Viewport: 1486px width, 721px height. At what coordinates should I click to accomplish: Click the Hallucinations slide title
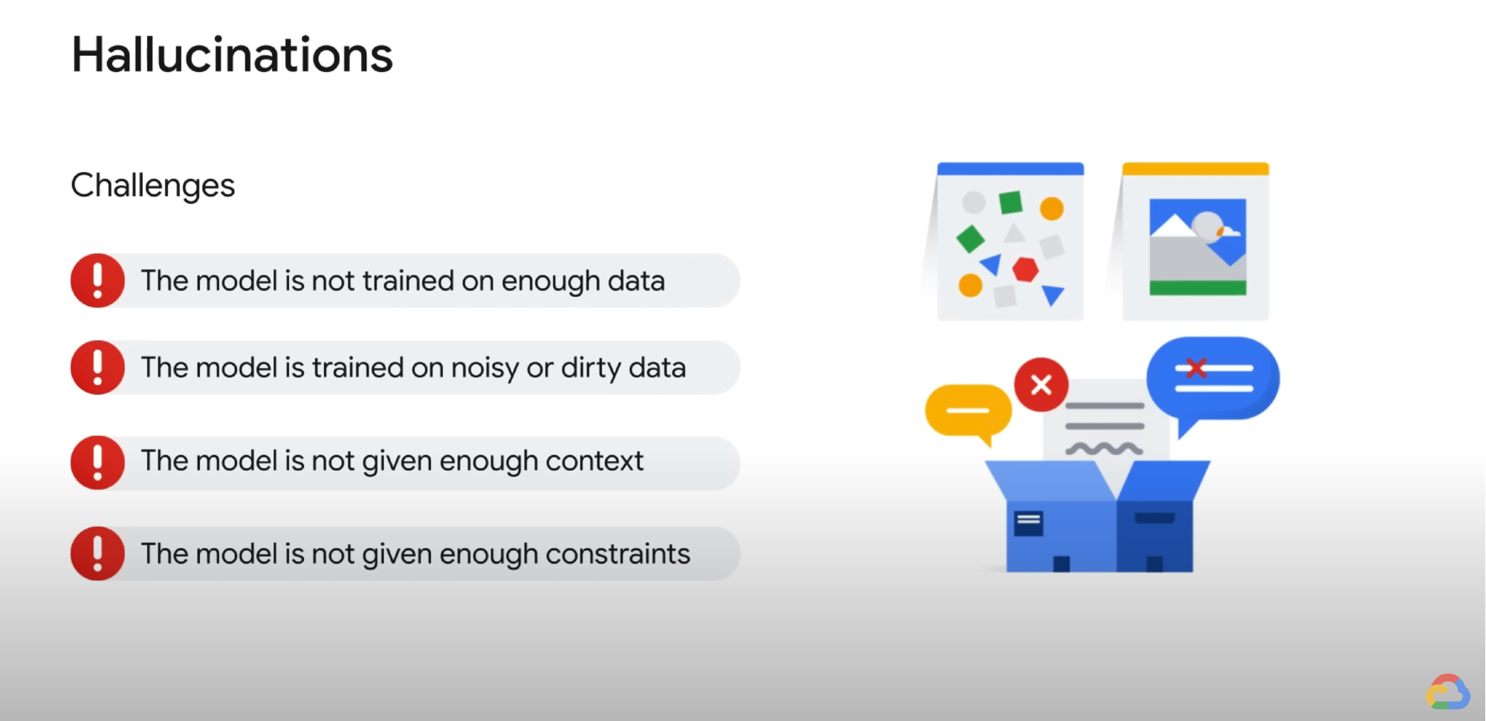232,56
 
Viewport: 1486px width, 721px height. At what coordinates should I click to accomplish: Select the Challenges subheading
152,186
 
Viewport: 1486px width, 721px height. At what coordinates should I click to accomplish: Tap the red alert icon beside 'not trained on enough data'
97,281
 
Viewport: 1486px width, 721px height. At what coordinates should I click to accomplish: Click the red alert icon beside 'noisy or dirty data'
97,368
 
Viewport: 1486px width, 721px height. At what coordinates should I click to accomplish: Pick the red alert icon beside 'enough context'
97,462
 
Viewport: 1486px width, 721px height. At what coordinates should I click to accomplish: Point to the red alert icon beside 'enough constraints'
97,553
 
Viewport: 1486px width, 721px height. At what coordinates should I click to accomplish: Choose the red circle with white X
1041,385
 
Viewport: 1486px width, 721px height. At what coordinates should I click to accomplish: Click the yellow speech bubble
967,411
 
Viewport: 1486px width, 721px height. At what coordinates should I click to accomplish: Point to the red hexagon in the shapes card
1025,269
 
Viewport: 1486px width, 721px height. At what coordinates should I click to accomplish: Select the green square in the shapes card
1010,202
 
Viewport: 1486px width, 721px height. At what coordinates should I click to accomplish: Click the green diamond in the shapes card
970,239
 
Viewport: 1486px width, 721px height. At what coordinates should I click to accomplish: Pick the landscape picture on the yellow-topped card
1198,247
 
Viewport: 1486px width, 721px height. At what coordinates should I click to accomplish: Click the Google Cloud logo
1447,692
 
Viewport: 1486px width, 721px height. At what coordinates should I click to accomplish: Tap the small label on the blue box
1028,523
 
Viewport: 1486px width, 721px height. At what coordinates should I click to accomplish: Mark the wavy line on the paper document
1104,448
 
